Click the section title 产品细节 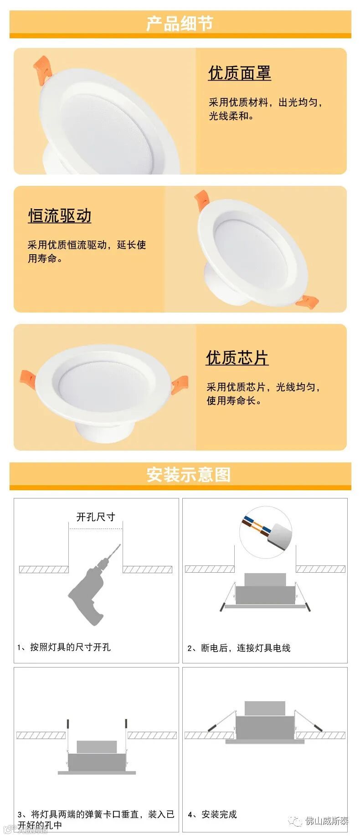[x=180, y=23]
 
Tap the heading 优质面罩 [x=240, y=73]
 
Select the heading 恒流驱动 [x=60, y=216]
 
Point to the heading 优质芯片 [x=237, y=358]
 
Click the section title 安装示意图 [x=189, y=475]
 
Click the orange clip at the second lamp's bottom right [x=307, y=302]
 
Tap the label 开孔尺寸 [x=96, y=517]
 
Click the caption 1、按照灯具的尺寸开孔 [x=64, y=647]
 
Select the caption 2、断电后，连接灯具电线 [x=239, y=648]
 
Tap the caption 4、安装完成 [x=212, y=814]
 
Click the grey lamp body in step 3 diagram [x=97, y=757]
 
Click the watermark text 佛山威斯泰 [x=327, y=821]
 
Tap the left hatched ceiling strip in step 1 [x=44, y=570]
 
